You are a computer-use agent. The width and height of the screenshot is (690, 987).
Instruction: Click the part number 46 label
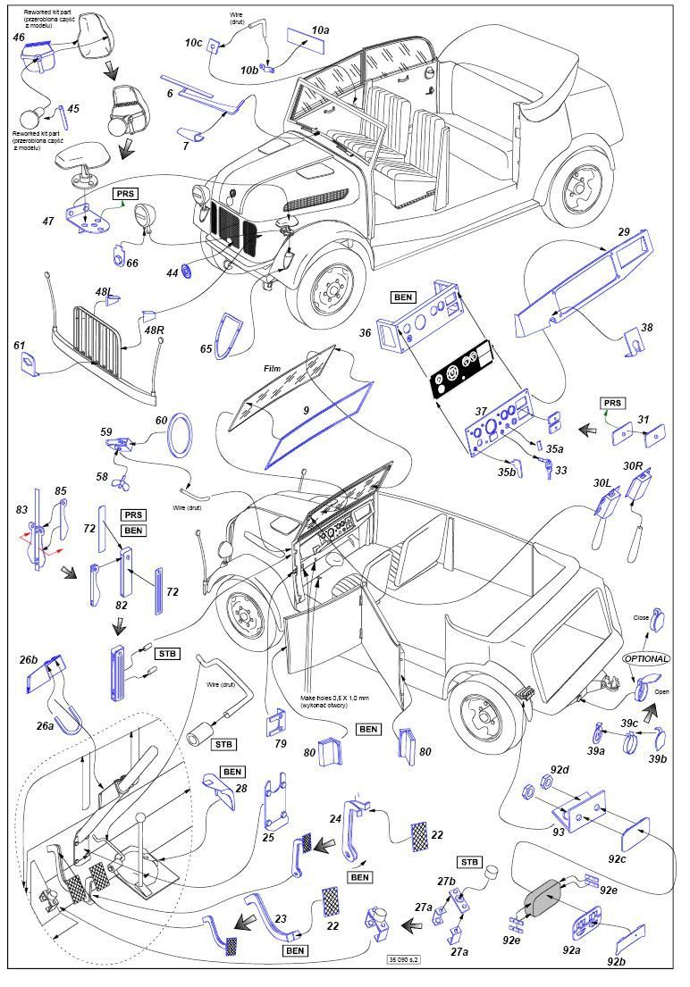(x=19, y=38)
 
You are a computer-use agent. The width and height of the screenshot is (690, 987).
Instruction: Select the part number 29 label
(x=623, y=231)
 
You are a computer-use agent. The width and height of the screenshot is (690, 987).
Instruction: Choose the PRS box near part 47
(x=125, y=193)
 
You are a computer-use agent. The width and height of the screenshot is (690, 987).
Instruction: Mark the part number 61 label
(x=19, y=345)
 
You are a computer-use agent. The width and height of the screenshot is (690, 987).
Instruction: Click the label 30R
(x=633, y=466)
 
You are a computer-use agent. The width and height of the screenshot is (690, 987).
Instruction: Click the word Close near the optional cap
(x=640, y=618)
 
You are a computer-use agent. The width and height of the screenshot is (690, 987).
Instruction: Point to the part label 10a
(x=320, y=30)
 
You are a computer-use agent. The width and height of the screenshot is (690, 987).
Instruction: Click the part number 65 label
(x=206, y=348)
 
